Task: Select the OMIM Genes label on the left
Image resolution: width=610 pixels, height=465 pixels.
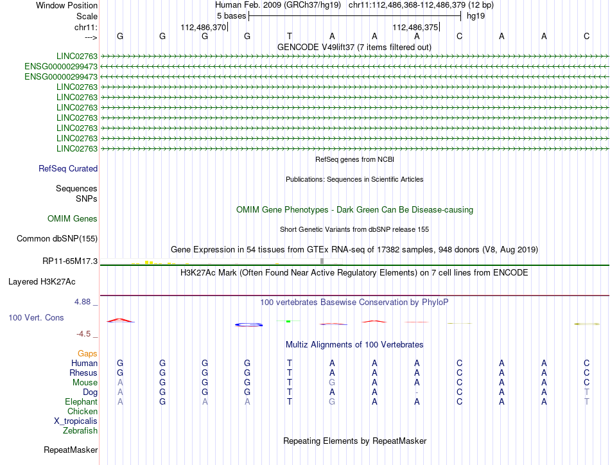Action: pyautogui.click(x=73, y=219)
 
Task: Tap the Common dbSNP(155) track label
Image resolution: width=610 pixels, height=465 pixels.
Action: pyautogui.click(x=57, y=239)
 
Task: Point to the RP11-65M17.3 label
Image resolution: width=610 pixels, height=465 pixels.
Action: pyautogui.click(x=69, y=261)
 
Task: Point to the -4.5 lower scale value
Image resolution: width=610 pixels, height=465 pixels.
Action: pyautogui.click(x=85, y=334)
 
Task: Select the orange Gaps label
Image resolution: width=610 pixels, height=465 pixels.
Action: pyautogui.click(x=87, y=354)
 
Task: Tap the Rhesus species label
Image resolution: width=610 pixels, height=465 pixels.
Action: pyautogui.click(x=83, y=373)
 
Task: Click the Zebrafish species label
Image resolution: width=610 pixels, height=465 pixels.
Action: pyautogui.click(x=80, y=431)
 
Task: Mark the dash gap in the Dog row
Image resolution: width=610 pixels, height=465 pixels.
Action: pyautogui.click(x=417, y=392)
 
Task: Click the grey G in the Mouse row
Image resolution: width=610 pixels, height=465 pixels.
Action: pyautogui.click(x=332, y=383)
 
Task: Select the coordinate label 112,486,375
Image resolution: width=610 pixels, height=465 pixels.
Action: pyautogui.click(x=415, y=28)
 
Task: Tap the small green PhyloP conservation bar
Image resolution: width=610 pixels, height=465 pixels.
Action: pyautogui.click(x=289, y=321)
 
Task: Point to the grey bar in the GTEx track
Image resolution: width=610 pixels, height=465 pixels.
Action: pyautogui.click(x=322, y=261)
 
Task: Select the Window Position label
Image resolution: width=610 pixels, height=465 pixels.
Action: pyautogui.click(x=63, y=5)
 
